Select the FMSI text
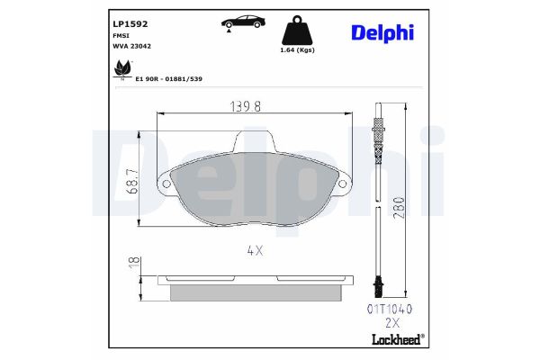[121, 35]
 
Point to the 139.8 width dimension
[246, 106]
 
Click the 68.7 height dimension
[132, 183]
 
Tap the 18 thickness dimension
[132, 262]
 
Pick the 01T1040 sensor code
[388, 308]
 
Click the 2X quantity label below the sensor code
[390, 321]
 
